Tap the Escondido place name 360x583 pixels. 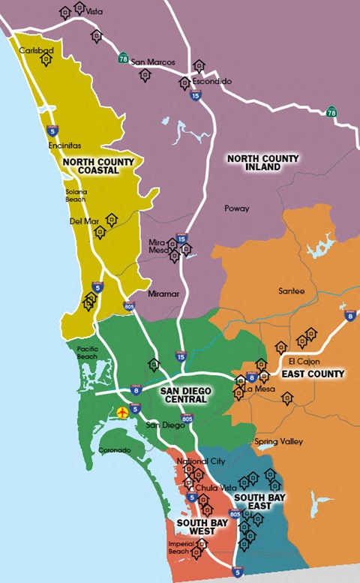click(211, 80)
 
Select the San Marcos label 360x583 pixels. click(153, 62)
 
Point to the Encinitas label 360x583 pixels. click(64, 146)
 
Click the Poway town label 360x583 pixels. click(236, 208)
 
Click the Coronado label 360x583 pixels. click(115, 450)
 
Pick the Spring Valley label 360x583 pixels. click(278, 441)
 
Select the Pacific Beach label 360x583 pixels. click(88, 353)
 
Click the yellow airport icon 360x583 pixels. click(122, 412)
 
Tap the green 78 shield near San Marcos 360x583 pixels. click(123, 58)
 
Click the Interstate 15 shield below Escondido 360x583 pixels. click(196, 95)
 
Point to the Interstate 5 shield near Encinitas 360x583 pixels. click(52, 130)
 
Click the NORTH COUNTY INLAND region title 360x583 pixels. click(262, 163)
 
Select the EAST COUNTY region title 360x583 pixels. click(314, 374)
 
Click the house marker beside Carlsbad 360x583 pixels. click(46, 60)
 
